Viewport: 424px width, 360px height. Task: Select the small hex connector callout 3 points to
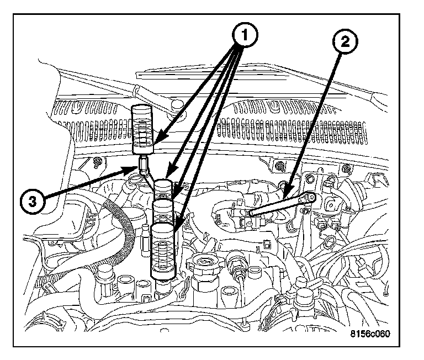(144, 164)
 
